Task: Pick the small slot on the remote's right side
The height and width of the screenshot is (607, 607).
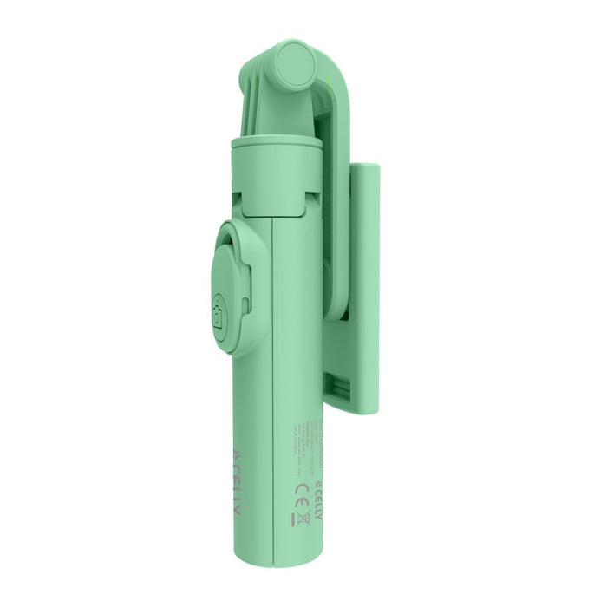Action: pyautogui.click(x=247, y=303)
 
